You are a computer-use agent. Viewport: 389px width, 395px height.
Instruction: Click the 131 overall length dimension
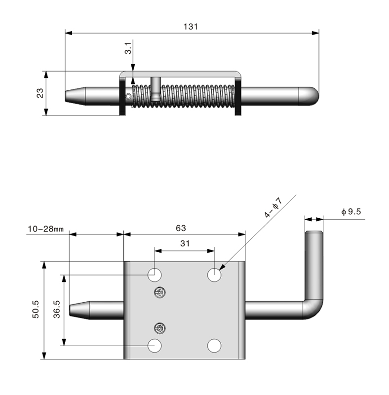pyautogui.click(x=191, y=27)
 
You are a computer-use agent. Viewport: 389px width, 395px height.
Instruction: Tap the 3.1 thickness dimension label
pyautogui.click(x=128, y=48)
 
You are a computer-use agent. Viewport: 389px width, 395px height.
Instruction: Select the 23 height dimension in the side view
pyautogui.click(x=40, y=93)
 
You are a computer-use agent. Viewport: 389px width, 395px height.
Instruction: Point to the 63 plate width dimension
pyautogui.click(x=181, y=228)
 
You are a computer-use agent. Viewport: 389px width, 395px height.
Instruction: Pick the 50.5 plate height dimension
pyautogui.click(x=36, y=309)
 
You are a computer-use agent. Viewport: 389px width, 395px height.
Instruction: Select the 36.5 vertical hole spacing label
pyautogui.click(x=57, y=310)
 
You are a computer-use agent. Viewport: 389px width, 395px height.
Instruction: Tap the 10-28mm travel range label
pyautogui.click(x=46, y=229)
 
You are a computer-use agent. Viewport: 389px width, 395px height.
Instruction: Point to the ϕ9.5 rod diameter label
pyautogui.click(x=351, y=211)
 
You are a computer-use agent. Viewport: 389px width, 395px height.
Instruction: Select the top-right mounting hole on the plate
pyautogui.click(x=214, y=275)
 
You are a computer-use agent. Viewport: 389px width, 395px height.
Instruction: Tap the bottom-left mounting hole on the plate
pyautogui.click(x=156, y=345)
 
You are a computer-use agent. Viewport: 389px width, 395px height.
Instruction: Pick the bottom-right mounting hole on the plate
pyautogui.click(x=214, y=345)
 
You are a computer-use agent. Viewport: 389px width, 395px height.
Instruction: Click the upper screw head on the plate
pyautogui.click(x=159, y=292)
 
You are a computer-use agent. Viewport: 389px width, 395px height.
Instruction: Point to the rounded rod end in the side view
pyautogui.click(x=310, y=96)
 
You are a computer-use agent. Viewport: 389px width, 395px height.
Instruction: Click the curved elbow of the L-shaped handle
pyautogui.click(x=314, y=309)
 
